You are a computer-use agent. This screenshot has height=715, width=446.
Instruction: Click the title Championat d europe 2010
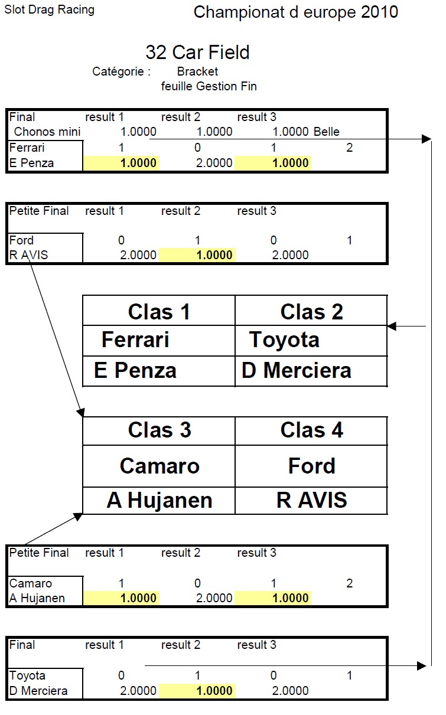pos(295,12)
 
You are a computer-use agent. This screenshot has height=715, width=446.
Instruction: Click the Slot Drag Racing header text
pos(49,9)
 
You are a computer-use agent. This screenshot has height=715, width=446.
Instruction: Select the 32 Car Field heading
pos(197,52)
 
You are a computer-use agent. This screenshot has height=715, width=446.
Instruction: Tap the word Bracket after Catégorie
pos(197,71)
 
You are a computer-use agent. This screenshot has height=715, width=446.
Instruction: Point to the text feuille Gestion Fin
pos(209,86)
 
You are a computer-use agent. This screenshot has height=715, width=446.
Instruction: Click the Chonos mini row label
pos(47,132)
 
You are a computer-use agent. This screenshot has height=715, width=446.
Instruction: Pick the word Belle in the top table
pos(327,132)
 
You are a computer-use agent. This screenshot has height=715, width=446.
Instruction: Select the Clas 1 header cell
pos(159,312)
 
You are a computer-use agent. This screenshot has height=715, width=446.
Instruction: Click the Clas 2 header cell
pos(311,312)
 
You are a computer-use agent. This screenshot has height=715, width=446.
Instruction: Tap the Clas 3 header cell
pos(159,430)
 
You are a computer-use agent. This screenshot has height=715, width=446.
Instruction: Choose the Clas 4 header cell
pos(311,430)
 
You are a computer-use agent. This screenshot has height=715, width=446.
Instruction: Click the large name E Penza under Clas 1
pos(135,370)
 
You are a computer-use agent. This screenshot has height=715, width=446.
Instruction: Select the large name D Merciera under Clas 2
pos(296,370)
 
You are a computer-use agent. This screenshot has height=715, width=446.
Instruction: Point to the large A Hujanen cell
pos(159,500)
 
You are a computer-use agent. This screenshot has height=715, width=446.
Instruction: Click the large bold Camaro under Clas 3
pos(159,466)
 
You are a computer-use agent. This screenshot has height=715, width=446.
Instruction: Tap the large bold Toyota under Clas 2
pos(284,339)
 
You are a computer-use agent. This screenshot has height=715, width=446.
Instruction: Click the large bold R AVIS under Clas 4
pos(311,500)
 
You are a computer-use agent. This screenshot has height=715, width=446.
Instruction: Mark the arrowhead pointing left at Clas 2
pos(392,325)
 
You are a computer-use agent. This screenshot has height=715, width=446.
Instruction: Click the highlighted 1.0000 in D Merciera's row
pos(214,691)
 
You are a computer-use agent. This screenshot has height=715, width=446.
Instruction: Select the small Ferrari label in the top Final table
pos(27,148)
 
